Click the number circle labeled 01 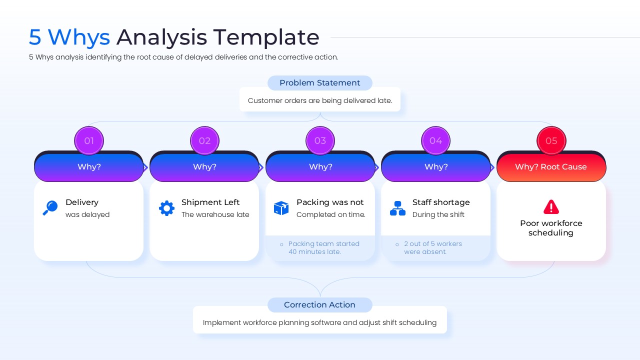coord(89,140)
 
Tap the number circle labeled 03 coord(320,140)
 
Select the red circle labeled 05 coord(551,140)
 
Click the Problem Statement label coord(320,83)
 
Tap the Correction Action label coord(320,305)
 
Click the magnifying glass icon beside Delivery coord(50,208)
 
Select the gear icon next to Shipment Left coord(166,208)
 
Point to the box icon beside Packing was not coord(281,208)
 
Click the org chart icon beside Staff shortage coord(397,208)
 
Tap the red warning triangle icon coord(551,206)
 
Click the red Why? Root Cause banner coord(551,167)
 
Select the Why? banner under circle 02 coord(204,167)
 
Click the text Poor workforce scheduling coord(551,228)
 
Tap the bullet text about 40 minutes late coord(323,247)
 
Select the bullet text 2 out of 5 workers coord(432,247)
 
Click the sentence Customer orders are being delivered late coord(320,100)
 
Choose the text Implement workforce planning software coord(280,322)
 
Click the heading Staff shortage coord(441,202)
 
